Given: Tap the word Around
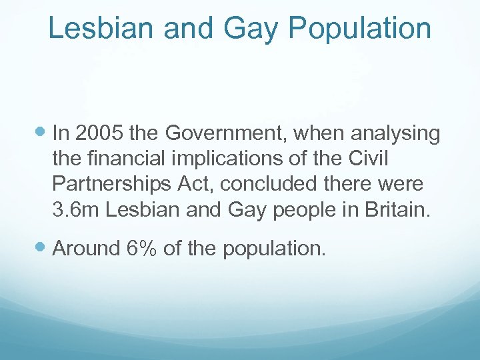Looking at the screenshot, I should pyautogui.click(x=85, y=249).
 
